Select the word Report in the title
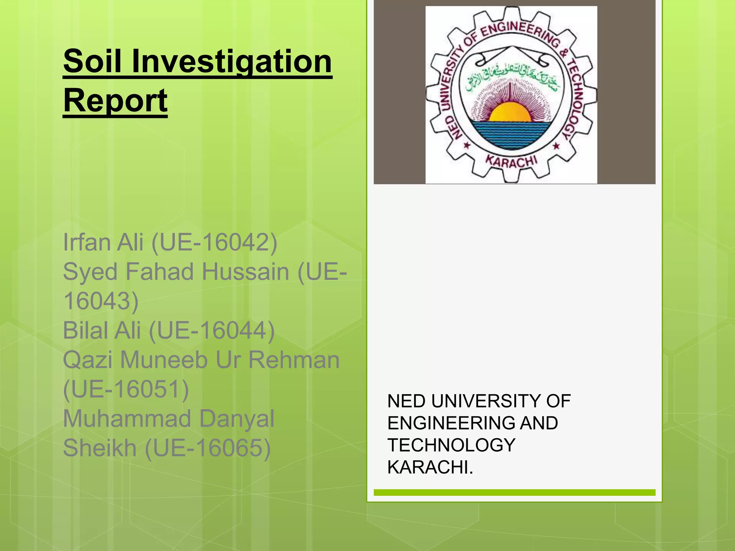[x=115, y=101]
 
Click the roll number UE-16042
[x=215, y=242]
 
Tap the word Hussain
[x=245, y=272]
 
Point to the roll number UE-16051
[x=126, y=389]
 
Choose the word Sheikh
[x=100, y=448]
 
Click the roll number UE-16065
[x=208, y=448]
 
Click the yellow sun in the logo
[x=510, y=112]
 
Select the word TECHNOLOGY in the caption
[x=451, y=445]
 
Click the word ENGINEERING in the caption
[x=451, y=423]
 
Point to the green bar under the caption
[x=514, y=493]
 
